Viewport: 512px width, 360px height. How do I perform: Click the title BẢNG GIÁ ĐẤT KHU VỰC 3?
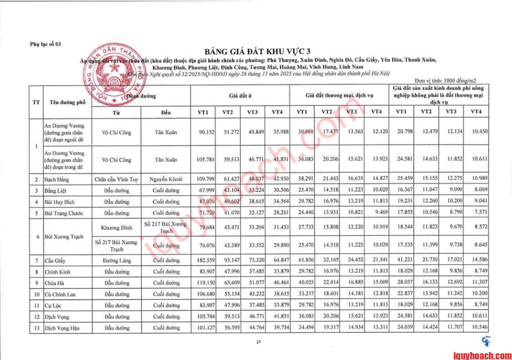tap(257, 52)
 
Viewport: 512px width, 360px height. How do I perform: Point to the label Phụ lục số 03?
tap(45, 44)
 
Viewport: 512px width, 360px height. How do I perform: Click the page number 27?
tap(258, 342)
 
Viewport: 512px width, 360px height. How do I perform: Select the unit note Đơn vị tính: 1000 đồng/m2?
tap(445, 81)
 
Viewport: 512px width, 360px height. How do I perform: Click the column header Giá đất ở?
tap(240, 96)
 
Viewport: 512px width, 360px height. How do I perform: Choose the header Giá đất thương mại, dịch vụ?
tap(339, 95)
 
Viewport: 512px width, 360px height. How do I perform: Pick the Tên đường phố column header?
tap(67, 102)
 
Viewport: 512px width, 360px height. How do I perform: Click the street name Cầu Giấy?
tap(55, 261)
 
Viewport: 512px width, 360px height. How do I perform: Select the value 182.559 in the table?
tap(206, 260)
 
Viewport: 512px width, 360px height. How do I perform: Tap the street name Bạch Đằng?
tap(57, 179)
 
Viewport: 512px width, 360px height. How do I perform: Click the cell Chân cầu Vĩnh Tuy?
tap(116, 179)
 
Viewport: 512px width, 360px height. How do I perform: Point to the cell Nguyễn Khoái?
tap(165, 179)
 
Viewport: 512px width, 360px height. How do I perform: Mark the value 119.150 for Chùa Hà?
tap(206, 283)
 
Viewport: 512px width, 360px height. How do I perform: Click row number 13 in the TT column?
tap(37, 328)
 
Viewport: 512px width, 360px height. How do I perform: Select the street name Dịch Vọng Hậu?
tap(62, 328)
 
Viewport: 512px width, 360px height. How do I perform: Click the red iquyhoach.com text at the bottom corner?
tap(482, 356)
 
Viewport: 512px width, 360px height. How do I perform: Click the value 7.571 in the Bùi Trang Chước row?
tap(481, 212)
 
